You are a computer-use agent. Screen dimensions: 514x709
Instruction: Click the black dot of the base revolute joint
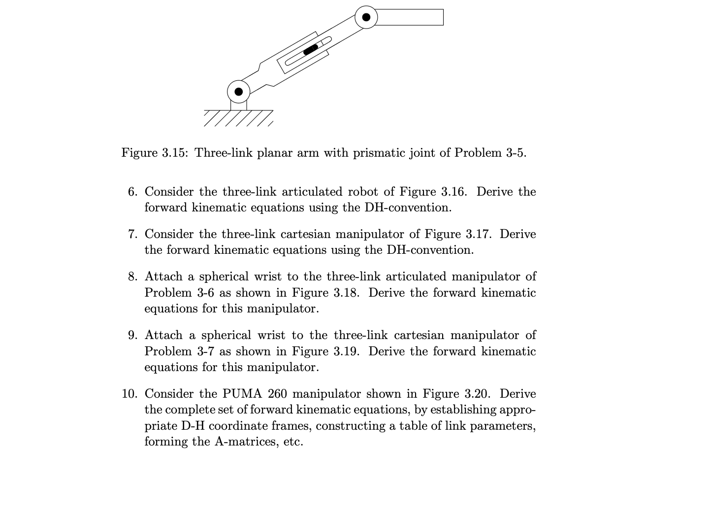[x=239, y=92]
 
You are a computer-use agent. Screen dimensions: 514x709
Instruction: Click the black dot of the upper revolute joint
[x=366, y=17]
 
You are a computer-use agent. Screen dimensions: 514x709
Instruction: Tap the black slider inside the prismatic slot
[x=311, y=49]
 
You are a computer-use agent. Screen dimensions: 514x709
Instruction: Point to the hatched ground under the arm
[x=238, y=118]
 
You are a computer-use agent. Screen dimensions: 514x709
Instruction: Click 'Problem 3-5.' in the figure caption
[x=490, y=153]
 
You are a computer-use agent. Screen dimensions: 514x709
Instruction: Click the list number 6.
[x=132, y=192]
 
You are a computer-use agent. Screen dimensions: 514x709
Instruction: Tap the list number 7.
[x=132, y=234]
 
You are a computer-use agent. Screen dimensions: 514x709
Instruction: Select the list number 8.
[x=132, y=276]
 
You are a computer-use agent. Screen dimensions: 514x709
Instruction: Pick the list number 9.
[x=132, y=335]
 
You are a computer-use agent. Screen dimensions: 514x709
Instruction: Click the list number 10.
[x=129, y=394]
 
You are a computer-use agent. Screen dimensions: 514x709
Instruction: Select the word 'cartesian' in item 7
[x=305, y=234]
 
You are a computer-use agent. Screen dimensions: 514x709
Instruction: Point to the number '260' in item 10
[x=278, y=394]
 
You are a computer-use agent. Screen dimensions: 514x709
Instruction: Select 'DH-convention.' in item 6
[x=408, y=207]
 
